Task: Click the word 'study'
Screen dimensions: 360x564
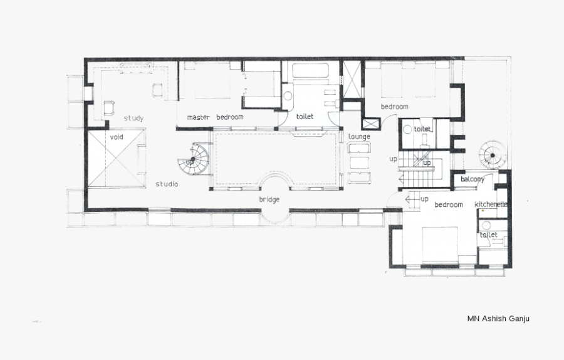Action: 133,118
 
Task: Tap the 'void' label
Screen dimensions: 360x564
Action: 116,137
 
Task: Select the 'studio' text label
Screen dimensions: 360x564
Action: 167,184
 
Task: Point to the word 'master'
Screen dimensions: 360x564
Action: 199,117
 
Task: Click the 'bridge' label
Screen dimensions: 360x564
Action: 269,199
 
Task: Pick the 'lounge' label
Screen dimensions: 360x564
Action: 359,137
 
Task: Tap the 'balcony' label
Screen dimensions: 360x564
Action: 473,179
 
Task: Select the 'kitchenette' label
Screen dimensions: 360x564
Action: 491,204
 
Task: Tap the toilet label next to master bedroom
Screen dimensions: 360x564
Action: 305,117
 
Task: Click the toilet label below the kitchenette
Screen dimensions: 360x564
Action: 488,235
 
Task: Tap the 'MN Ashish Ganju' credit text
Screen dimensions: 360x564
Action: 498,318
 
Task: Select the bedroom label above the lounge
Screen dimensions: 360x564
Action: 395,107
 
